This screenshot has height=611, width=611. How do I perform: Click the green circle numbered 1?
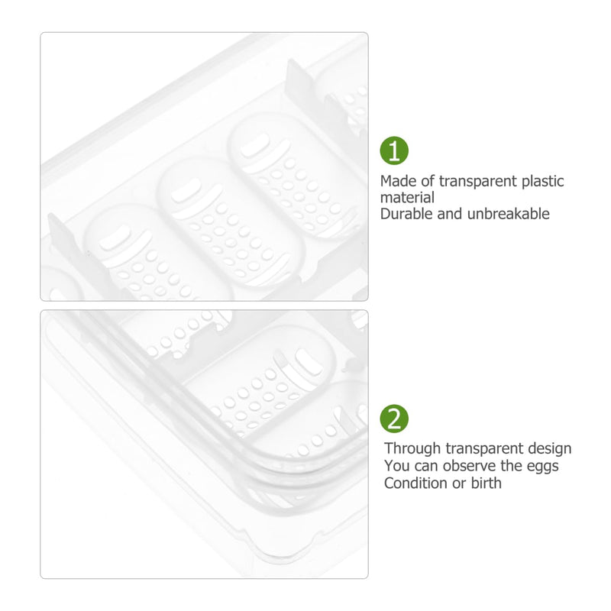(394, 150)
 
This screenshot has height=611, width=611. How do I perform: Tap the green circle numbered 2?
(394, 419)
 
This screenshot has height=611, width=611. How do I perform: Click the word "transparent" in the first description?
(478, 181)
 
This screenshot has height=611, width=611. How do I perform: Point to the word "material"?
(407, 198)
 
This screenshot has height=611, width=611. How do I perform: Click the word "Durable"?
(406, 214)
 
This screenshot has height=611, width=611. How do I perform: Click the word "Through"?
(412, 448)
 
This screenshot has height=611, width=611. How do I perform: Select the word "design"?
(549, 448)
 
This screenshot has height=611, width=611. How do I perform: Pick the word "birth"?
(486, 483)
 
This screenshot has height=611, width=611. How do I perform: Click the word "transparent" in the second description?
(484, 448)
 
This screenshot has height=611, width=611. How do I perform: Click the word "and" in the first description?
(450, 214)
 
